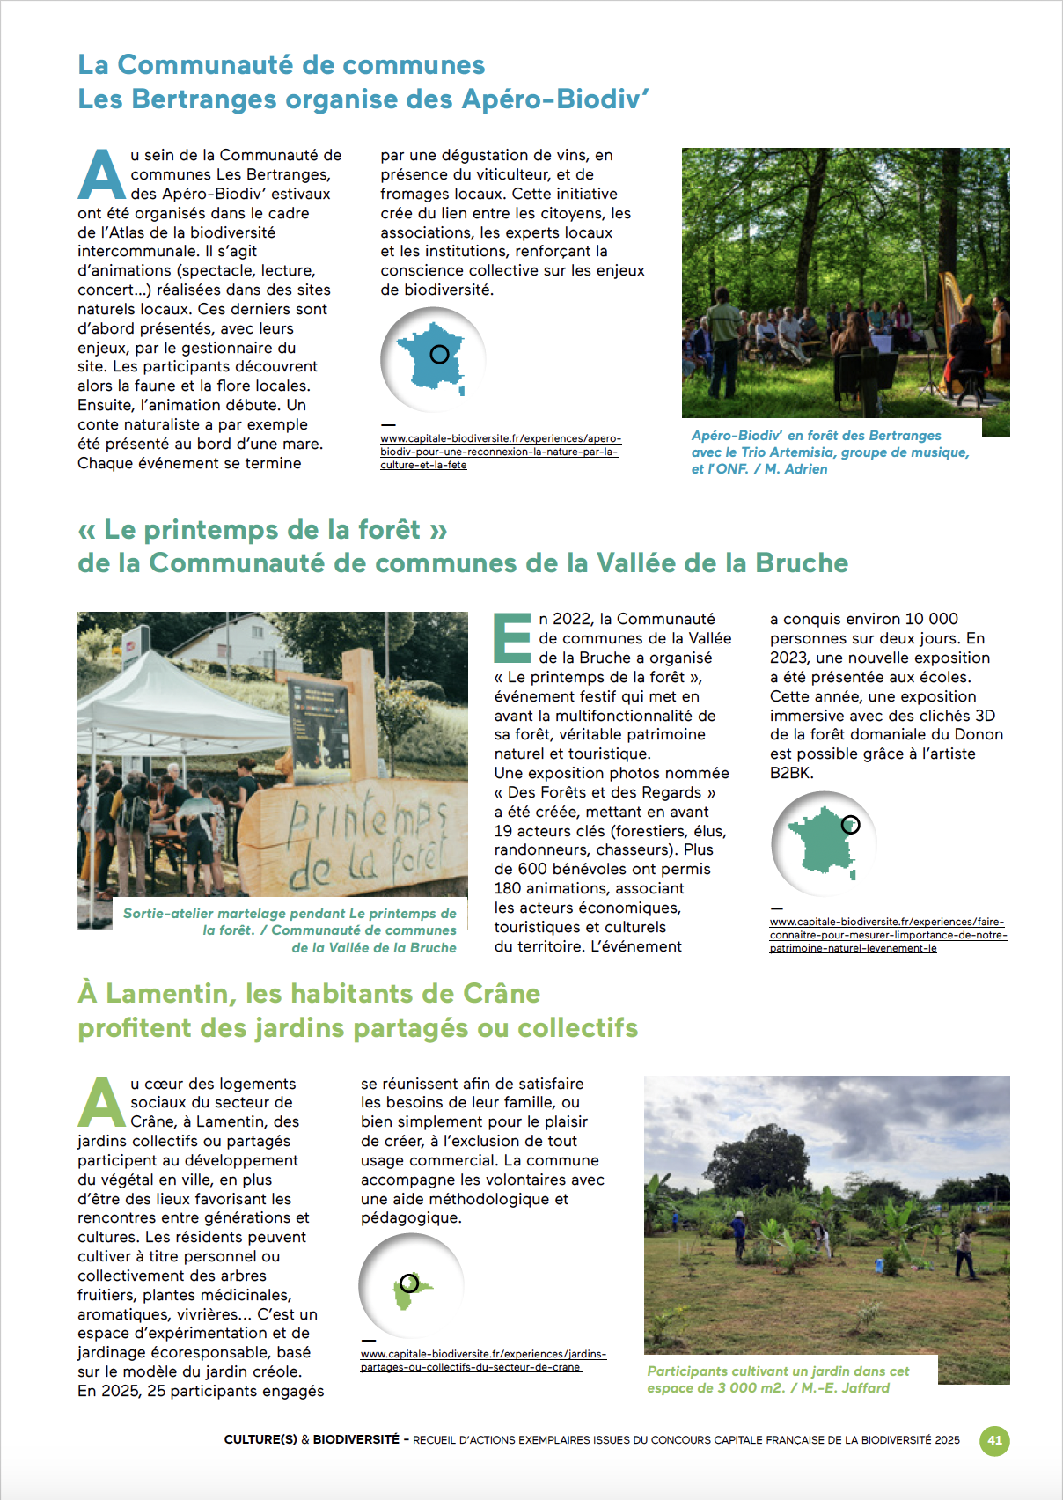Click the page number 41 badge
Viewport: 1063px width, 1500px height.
994,1441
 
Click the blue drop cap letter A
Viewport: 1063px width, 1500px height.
102,175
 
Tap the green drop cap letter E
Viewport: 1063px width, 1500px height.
513,638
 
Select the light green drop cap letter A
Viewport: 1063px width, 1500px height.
102,1103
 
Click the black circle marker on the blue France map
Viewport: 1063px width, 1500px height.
439,354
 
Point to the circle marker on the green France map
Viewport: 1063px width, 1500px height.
850,825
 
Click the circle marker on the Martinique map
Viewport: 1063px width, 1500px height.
408,1283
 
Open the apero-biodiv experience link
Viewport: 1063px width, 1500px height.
500,452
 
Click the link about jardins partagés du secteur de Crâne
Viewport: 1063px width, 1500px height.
482,1360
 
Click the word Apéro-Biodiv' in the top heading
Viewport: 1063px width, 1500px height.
555,99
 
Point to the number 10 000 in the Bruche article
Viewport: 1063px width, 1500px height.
931,619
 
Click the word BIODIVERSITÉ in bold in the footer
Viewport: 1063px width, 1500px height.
356,1439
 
